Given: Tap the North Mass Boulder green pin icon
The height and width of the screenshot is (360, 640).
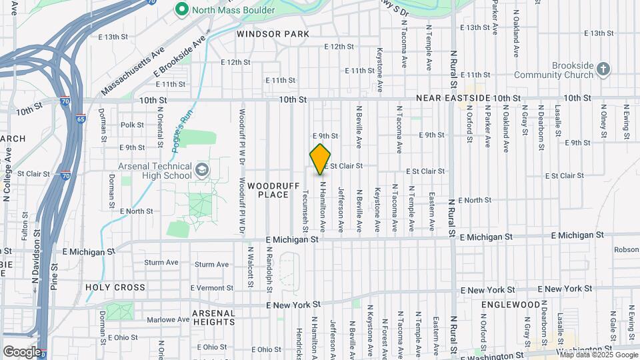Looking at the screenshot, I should (180, 9).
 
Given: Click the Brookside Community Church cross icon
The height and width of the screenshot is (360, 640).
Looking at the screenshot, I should (603, 69).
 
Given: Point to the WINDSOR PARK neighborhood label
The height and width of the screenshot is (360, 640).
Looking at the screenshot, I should (273, 33).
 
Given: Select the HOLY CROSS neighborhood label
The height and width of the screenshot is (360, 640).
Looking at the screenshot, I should (115, 287).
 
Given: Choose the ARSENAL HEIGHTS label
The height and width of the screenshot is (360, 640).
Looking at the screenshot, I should (213, 317).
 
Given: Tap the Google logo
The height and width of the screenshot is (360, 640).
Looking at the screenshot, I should (21, 351).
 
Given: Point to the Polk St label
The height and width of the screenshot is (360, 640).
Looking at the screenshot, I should (132, 125).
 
